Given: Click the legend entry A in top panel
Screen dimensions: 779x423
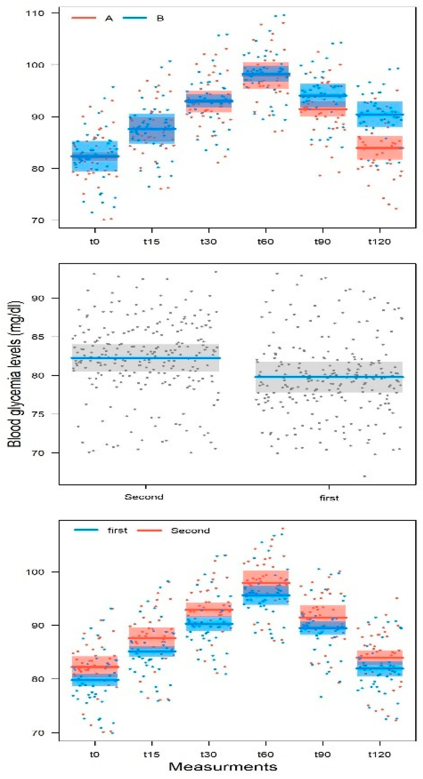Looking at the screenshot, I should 109,18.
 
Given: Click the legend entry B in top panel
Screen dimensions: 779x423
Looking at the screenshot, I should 160,18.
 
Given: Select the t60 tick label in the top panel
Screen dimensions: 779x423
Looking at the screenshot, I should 265,242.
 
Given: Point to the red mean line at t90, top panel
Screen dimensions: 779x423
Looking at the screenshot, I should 323,109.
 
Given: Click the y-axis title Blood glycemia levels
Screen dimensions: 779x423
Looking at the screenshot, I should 15,374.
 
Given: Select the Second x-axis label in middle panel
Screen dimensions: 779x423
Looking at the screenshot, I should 144,497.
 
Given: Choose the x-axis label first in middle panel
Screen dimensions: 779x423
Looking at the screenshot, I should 329,498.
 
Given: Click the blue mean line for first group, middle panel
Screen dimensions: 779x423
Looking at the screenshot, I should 329,377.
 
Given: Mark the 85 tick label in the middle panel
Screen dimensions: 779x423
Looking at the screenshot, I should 38,337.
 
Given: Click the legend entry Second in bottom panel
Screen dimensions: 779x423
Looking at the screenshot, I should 190,531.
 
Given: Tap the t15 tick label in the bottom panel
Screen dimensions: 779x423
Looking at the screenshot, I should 152,754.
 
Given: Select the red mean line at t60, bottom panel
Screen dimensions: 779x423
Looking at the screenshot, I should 266,583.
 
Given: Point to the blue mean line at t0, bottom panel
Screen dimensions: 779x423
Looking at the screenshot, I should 95,680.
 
